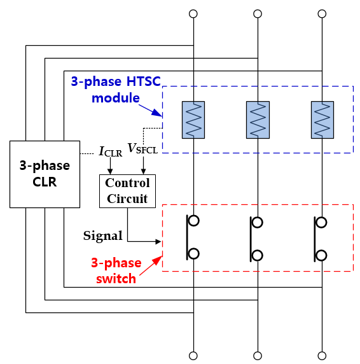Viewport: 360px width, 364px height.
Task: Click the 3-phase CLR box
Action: (45, 174)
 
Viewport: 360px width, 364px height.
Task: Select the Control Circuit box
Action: (127, 191)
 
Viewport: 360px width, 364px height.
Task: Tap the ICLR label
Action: (111, 151)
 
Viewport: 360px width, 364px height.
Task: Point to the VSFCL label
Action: (142, 148)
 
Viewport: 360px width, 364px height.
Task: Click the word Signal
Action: (103, 236)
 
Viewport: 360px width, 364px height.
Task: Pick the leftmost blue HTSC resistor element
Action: (193, 120)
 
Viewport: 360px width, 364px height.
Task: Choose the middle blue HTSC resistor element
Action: (258, 120)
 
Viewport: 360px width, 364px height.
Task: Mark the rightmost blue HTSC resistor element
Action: (322, 120)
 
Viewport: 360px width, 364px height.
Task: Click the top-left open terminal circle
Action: (193, 14)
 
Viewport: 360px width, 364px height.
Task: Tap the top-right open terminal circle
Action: (322, 14)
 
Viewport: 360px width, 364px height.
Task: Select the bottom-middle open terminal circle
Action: (258, 356)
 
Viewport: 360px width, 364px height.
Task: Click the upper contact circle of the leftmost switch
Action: (194, 221)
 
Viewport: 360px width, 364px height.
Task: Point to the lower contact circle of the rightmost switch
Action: (321, 255)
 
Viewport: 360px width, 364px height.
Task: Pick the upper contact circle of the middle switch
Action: (257, 222)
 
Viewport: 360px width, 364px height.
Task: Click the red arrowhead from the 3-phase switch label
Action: (158, 260)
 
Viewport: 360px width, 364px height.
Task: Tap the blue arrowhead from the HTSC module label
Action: (157, 113)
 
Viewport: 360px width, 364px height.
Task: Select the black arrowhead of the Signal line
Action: (158, 242)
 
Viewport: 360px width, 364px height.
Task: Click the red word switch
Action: (116, 278)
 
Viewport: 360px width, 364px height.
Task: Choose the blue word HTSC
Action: (144, 81)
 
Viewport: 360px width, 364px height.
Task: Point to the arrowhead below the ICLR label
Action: (110, 172)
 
